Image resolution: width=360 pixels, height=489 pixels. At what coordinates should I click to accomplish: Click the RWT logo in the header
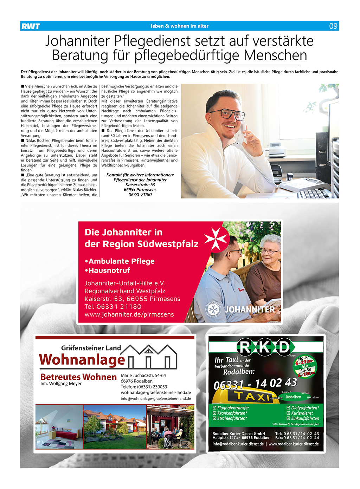click(x=31, y=26)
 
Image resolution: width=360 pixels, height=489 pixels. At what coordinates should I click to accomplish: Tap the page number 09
click(x=333, y=26)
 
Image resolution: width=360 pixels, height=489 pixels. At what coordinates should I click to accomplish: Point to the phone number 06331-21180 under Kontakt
click(x=140, y=195)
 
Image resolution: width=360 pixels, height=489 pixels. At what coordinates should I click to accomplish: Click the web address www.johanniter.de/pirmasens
click(x=129, y=314)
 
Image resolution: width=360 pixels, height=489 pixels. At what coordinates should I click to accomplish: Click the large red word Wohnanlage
click(x=82, y=359)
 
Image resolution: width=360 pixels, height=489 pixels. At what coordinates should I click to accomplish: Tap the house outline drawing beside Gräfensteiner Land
click(x=152, y=357)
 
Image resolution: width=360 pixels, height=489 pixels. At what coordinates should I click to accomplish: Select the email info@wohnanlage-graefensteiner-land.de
click(x=156, y=399)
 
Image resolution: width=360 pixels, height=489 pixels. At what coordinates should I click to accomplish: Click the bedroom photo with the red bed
click(x=59, y=427)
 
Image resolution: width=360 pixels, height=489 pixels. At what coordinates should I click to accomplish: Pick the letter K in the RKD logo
click(x=264, y=347)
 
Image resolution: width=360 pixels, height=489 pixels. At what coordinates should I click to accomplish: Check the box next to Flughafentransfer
click(x=215, y=408)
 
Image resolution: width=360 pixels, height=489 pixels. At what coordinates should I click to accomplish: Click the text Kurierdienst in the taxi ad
click(x=302, y=413)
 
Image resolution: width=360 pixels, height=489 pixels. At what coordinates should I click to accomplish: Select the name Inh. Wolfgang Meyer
click(x=61, y=384)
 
